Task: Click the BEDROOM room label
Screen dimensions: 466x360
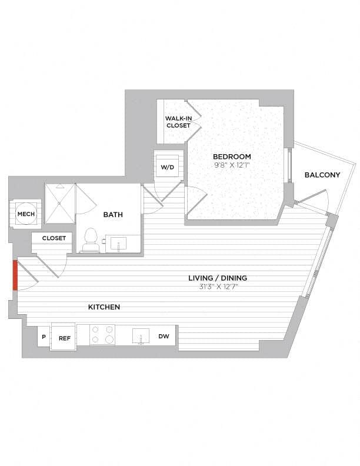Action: [x=232, y=157]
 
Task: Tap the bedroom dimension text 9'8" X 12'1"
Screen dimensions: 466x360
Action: [x=232, y=165]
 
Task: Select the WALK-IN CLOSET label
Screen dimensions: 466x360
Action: [x=178, y=122]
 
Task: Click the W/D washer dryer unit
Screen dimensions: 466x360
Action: [x=167, y=167]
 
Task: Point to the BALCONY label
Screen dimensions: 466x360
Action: [x=322, y=175]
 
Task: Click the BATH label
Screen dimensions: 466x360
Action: [x=113, y=215]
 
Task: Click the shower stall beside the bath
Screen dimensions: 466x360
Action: [x=61, y=203]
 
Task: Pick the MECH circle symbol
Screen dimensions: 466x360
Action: [x=25, y=214]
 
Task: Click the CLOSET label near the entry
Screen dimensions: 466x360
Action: [x=54, y=238]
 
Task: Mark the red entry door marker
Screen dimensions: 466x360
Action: [x=15, y=274]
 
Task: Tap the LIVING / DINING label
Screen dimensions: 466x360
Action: [x=218, y=278]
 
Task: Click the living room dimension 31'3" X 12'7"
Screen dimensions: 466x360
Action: [x=218, y=287]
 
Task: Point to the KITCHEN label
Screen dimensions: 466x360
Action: [x=104, y=307]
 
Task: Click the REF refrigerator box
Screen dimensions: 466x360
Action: [x=64, y=338]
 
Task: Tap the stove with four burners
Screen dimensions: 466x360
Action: [x=102, y=335]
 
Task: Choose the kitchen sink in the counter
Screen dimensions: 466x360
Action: [x=141, y=337]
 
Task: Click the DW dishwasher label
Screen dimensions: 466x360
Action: [x=164, y=337]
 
